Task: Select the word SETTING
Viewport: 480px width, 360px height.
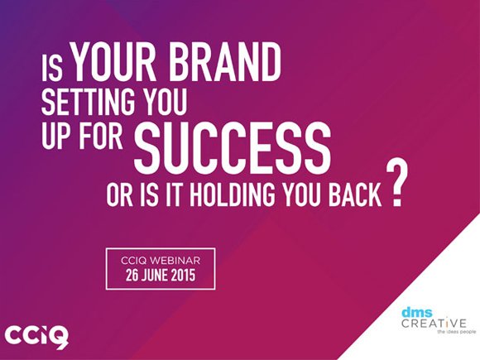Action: pos(88,102)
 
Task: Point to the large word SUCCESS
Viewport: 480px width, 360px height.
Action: pos(233,148)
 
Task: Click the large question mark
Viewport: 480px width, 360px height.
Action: pos(397,184)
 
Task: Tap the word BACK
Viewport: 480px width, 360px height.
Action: pos(355,194)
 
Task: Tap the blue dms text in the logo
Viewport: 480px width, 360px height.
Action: pos(417,313)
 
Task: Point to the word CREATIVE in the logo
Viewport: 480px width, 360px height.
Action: pos(434,323)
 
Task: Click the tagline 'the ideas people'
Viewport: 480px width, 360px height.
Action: pos(457,332)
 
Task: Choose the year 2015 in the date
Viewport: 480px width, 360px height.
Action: pos(183,276)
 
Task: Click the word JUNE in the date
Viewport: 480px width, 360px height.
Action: pos(155,276)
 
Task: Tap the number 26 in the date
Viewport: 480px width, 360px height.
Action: pos(132,276)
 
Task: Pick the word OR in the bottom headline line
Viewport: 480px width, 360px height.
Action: pos(119,194)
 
